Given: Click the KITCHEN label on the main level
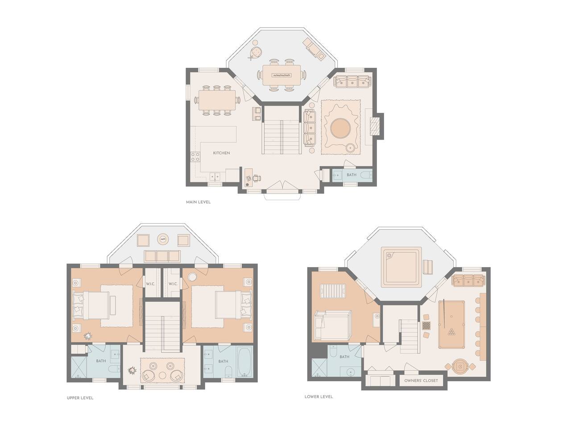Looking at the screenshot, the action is pos(221,153).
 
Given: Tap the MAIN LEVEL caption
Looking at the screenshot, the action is pos(198,202).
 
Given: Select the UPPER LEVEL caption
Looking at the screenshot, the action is pos(80,398).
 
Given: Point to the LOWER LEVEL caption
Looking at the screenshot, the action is pos(319,397).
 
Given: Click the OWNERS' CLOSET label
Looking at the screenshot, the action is pos(421,380).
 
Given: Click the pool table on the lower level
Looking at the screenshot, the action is pos(451,324).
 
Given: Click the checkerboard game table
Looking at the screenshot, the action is pos(426,325).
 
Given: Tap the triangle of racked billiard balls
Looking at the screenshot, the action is pos(451,332).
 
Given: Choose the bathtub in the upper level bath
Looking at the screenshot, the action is pos(245,361).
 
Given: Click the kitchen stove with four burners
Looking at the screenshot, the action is pos(195,156).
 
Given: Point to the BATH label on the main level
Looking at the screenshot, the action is pos(352,175).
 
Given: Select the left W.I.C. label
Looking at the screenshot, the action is pos(150,284).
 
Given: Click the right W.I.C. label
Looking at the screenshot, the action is pos(173,284).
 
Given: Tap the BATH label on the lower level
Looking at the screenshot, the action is pos(344,357).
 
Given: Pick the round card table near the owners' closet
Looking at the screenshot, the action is pos(460,366).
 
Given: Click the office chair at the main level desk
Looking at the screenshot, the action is pos(257,178).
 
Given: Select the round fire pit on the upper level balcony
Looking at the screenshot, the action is pos(163,239).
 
